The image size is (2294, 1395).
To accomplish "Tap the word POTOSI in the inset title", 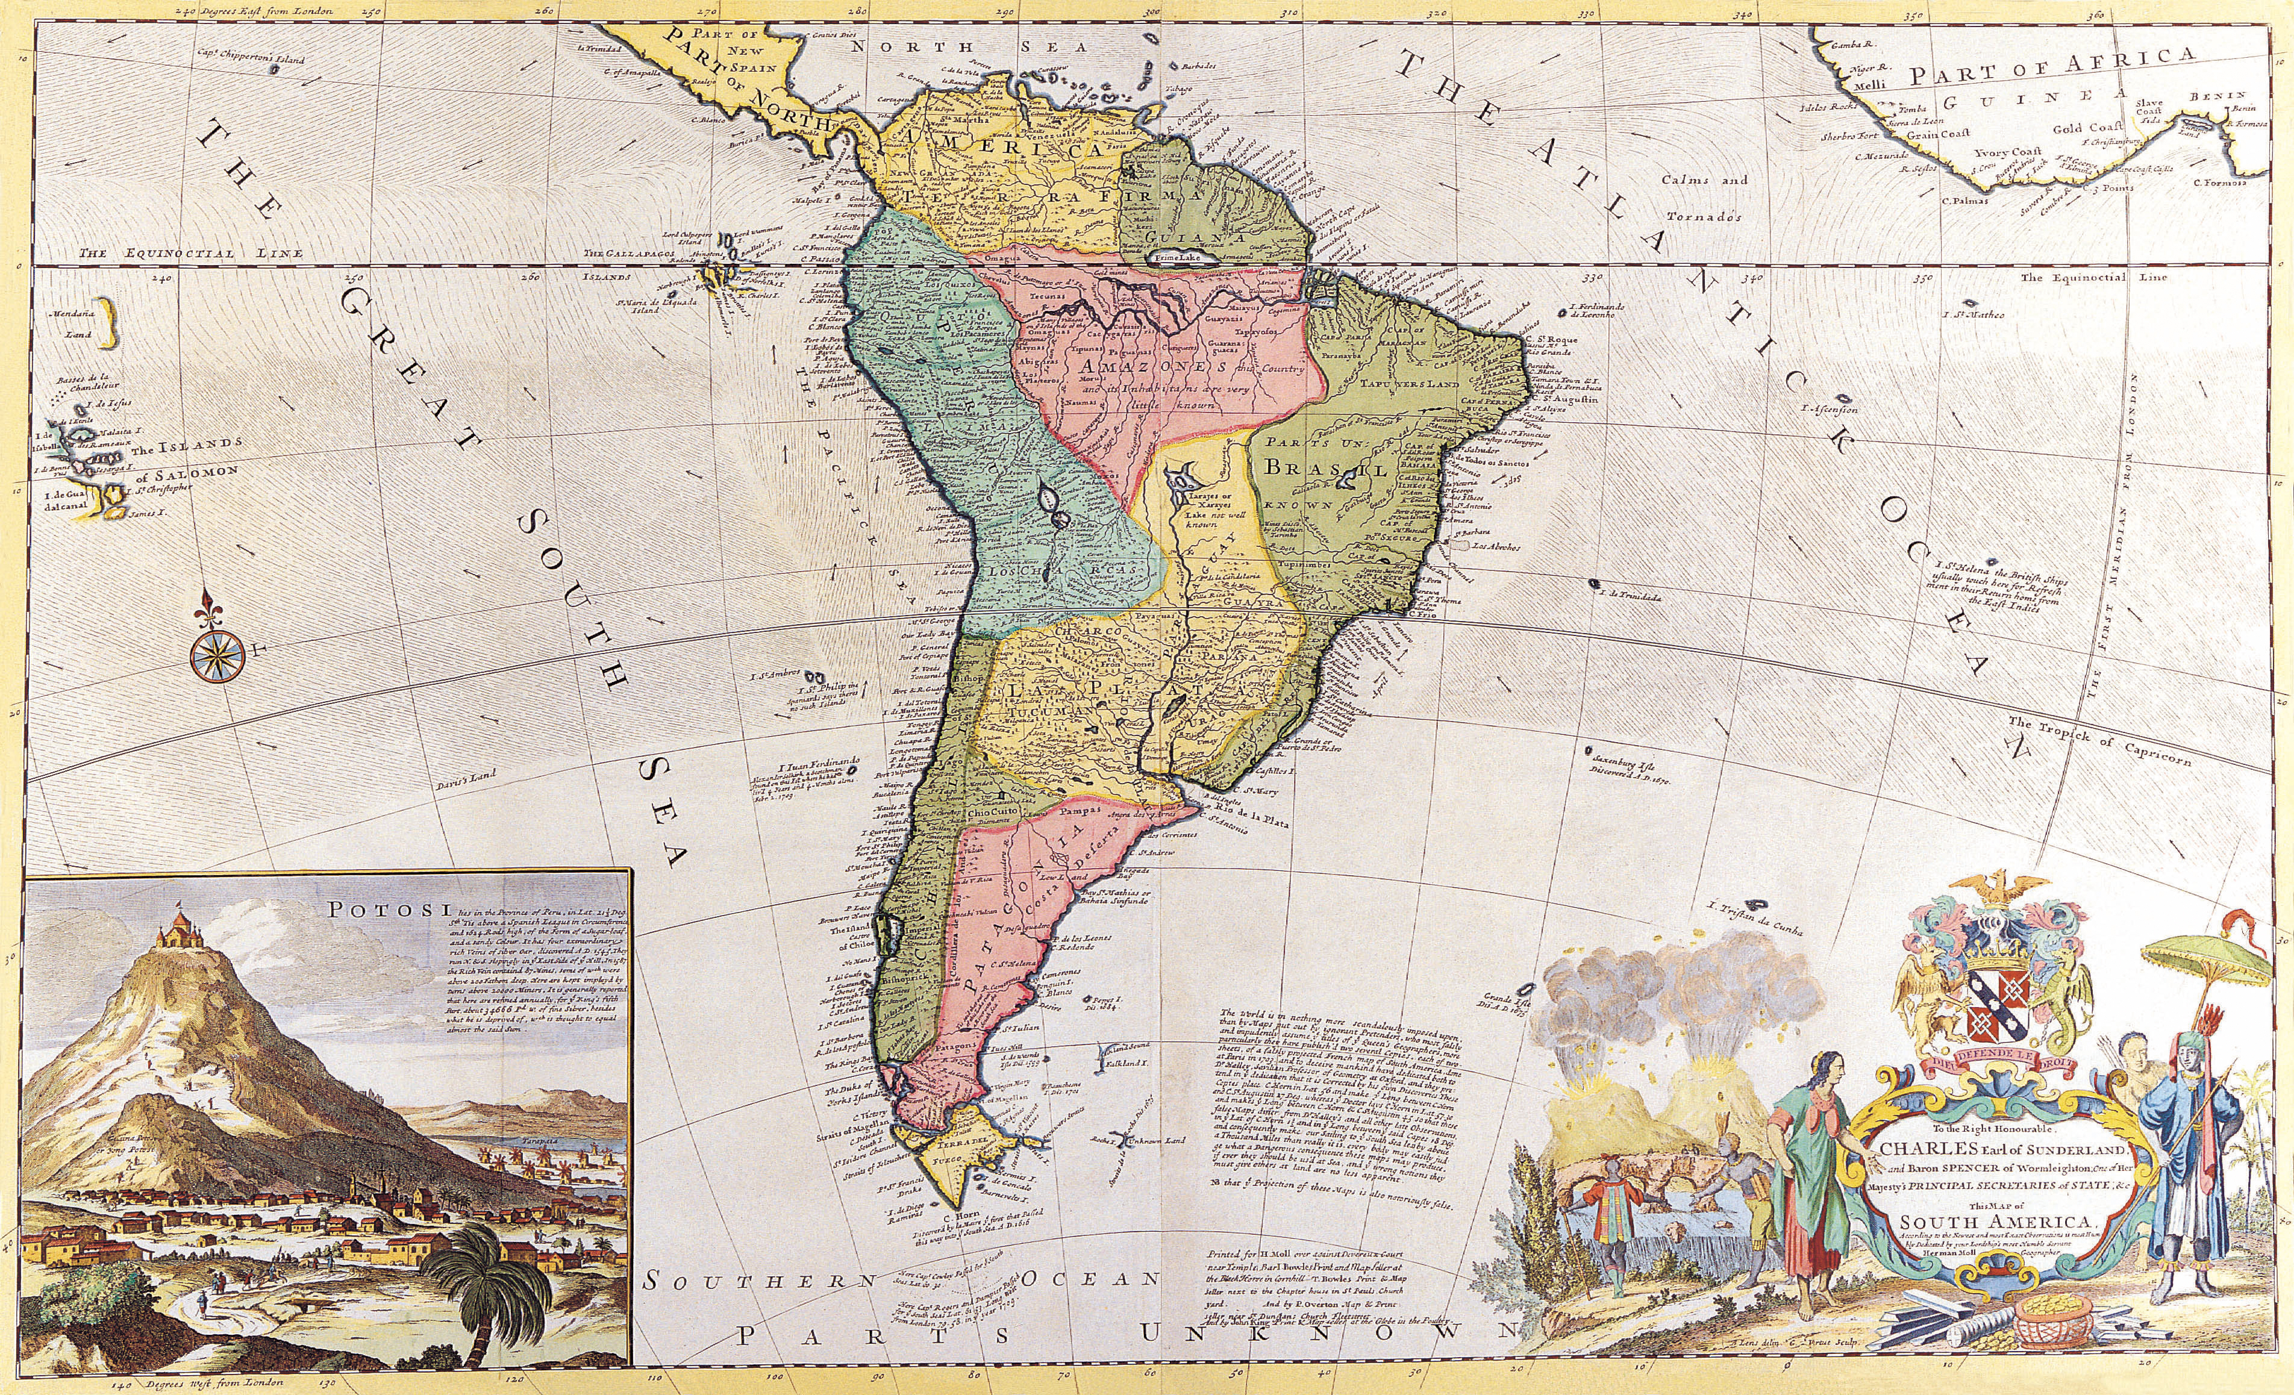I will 370,910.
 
